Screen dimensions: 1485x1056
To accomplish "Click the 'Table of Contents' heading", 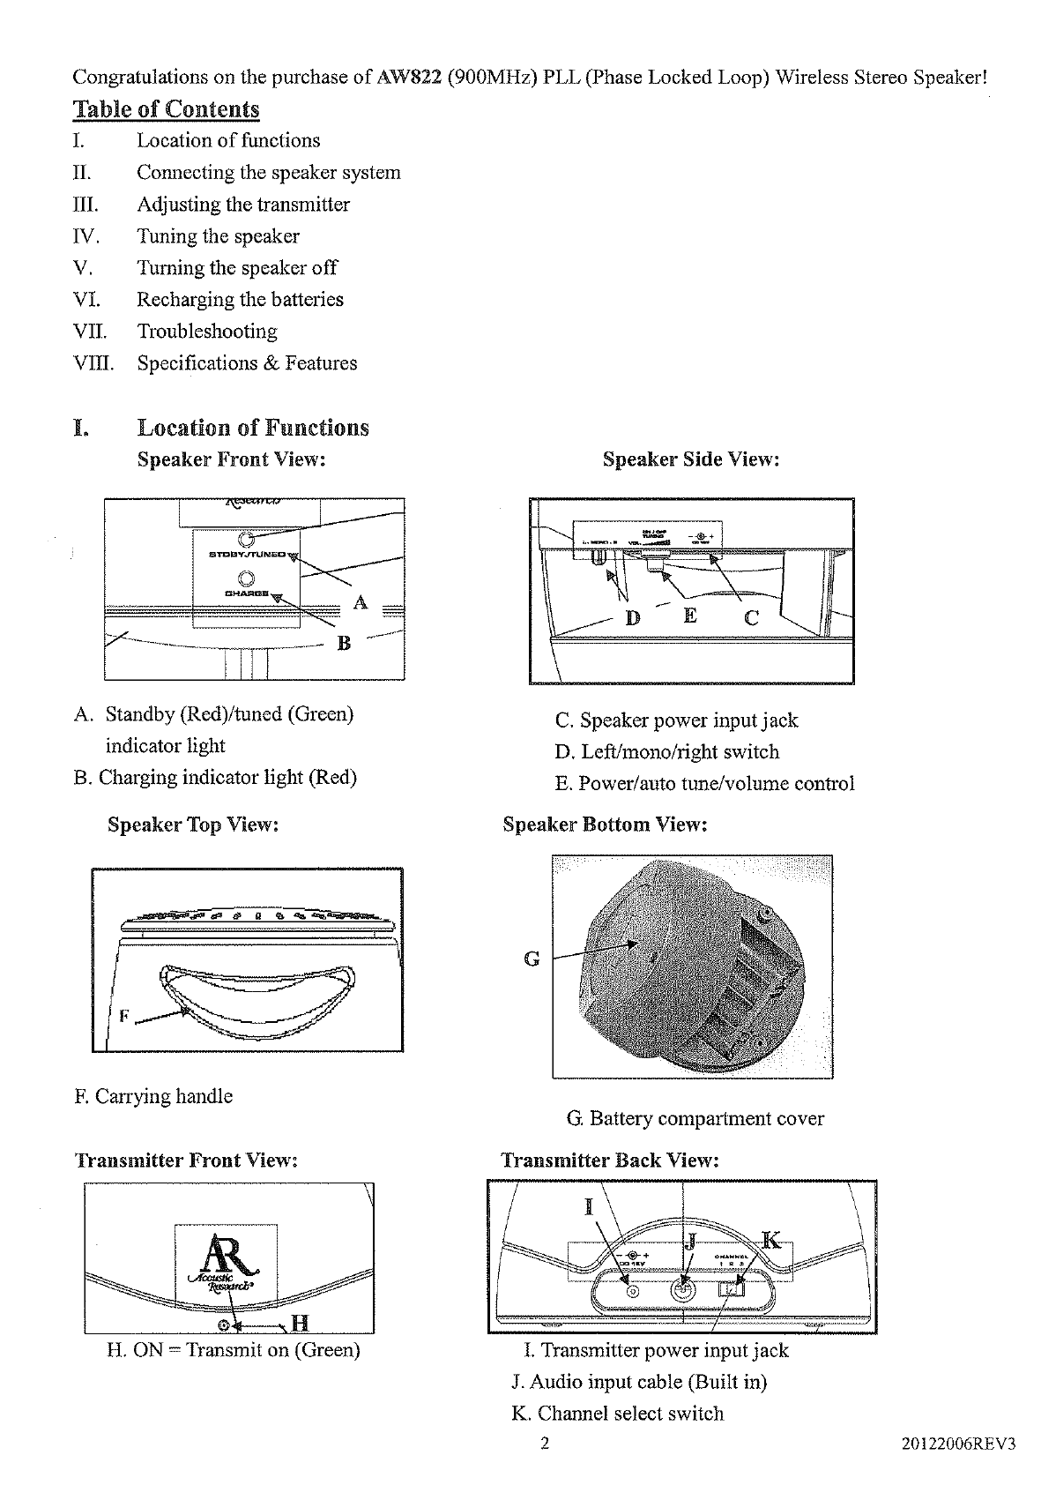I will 166,109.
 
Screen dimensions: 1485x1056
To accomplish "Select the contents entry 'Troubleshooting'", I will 207,332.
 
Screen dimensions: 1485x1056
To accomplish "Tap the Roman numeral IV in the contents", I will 86,236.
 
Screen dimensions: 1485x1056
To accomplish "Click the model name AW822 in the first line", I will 409,78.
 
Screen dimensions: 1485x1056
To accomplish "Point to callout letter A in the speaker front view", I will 360,603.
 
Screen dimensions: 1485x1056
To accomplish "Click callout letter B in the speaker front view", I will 345,644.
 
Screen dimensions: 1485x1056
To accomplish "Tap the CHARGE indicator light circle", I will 248,578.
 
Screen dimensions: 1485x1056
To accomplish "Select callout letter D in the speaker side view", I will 633,617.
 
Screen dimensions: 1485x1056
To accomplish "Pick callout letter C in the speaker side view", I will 751,618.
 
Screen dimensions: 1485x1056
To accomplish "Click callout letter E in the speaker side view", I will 690,615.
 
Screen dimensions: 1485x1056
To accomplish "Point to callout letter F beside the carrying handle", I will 124,1017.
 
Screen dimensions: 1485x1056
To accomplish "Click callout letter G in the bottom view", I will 532,959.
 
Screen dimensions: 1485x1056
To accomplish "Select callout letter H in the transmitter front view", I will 300,1323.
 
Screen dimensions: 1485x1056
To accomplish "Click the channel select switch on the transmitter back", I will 733,1289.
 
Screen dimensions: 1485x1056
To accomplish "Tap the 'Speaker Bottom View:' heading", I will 606,825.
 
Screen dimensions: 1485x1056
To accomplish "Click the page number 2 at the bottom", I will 545,1444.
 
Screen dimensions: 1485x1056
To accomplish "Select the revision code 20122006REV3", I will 960,1444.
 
